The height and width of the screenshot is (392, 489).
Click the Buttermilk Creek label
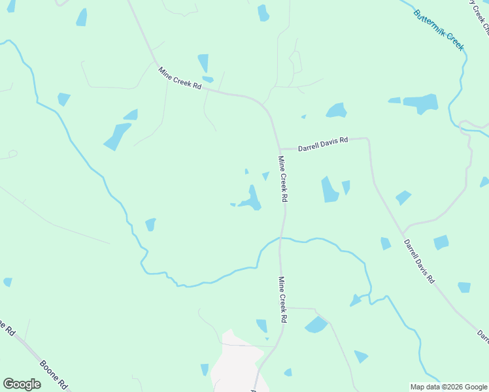click(439, 30)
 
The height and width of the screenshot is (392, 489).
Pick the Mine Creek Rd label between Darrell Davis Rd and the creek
click(283, 178)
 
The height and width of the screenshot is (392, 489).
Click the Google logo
click(22, 384)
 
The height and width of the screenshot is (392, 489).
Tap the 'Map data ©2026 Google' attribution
click(448, 387)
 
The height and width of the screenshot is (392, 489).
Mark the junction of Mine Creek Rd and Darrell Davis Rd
click(280, 149)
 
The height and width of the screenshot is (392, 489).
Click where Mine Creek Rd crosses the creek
click(282, 238)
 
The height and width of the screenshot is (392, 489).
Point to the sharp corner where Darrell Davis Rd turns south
click(369, 139)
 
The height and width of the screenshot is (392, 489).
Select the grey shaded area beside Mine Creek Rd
click(236, 366)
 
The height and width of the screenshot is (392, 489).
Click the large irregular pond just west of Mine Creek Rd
click(250, 199)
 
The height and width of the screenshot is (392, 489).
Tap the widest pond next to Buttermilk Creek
click(420, 103)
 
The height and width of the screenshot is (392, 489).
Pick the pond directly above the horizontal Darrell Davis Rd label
click(336, 110)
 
